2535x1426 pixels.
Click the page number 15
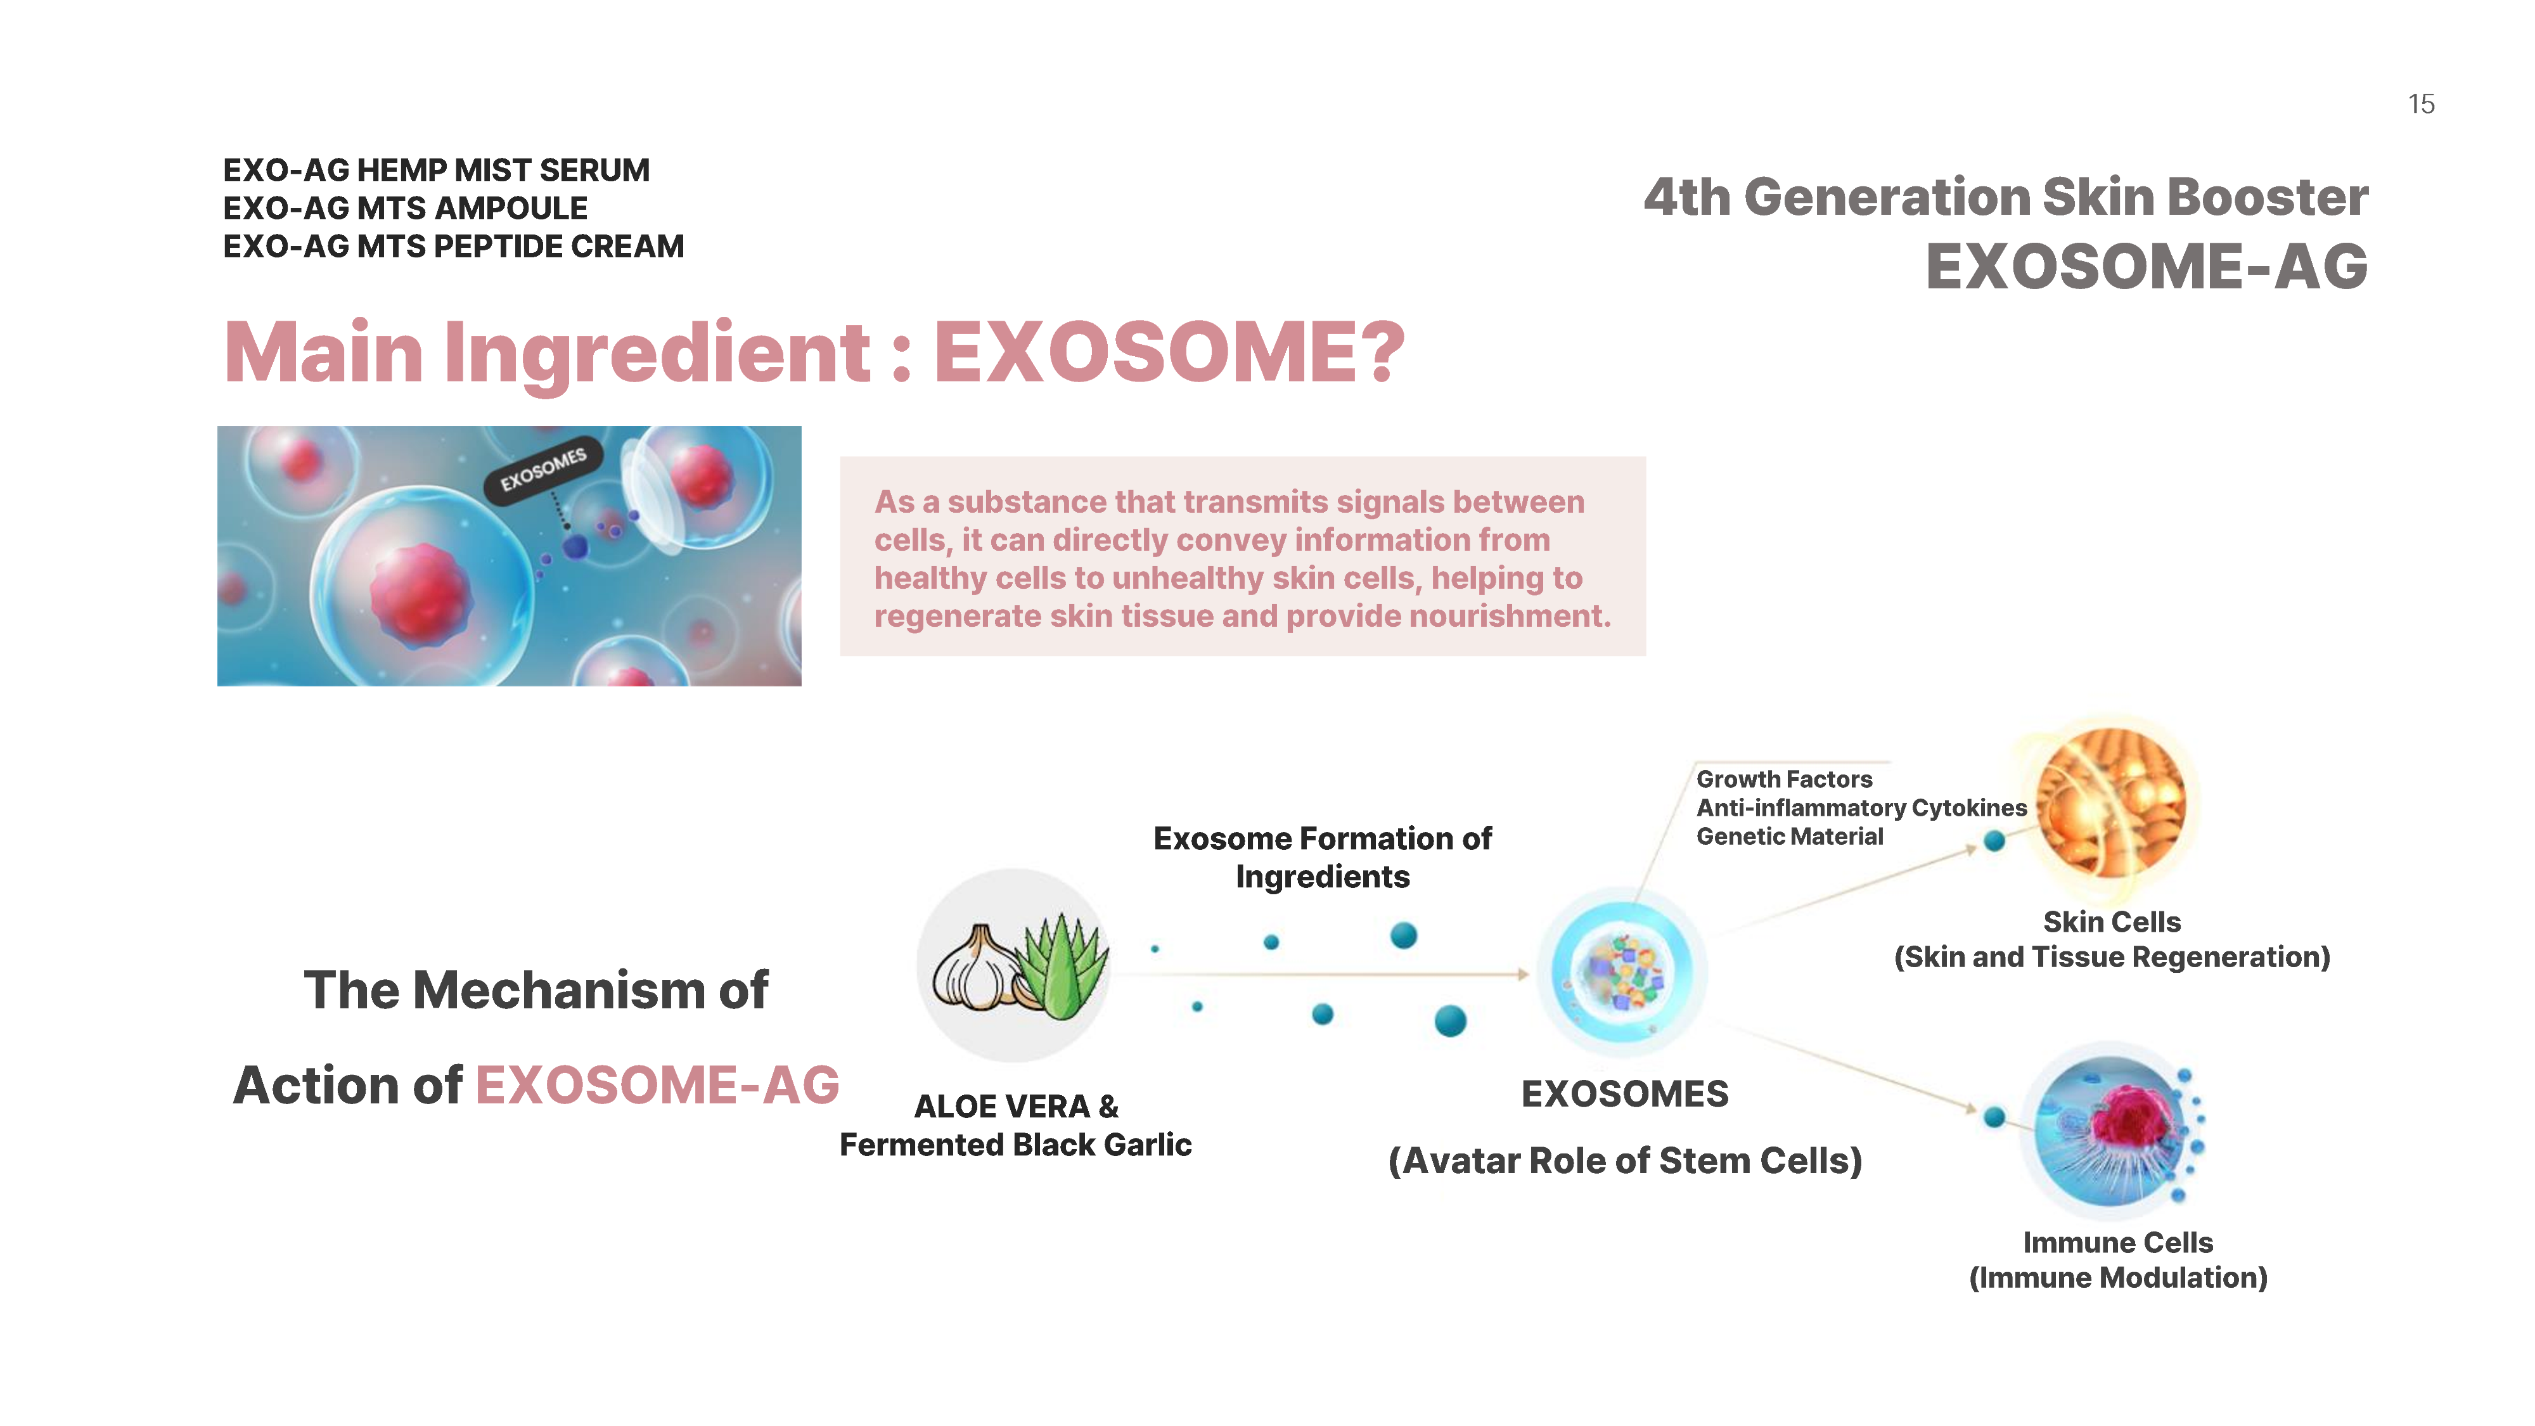(x=2421, y=105)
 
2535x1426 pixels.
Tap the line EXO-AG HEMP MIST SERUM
(x=436, y=170)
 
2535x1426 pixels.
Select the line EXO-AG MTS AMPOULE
(x=406, y=209)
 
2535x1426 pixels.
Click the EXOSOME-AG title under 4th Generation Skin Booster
(x=2147, y=267)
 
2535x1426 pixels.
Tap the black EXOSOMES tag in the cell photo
(x=542, y=470)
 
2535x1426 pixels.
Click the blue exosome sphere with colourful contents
(x=1624, y=972)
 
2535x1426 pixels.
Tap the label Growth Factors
(x=1784, y=780)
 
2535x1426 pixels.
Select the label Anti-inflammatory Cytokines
(x=1862, y=808)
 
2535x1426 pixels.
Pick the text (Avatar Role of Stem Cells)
(x=1625, y=1161)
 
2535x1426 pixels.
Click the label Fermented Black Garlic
(x=1015, y=1145)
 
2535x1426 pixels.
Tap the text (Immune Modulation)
(x=2118, y=1278)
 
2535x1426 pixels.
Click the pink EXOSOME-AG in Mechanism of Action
(x=657, y=1086)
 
